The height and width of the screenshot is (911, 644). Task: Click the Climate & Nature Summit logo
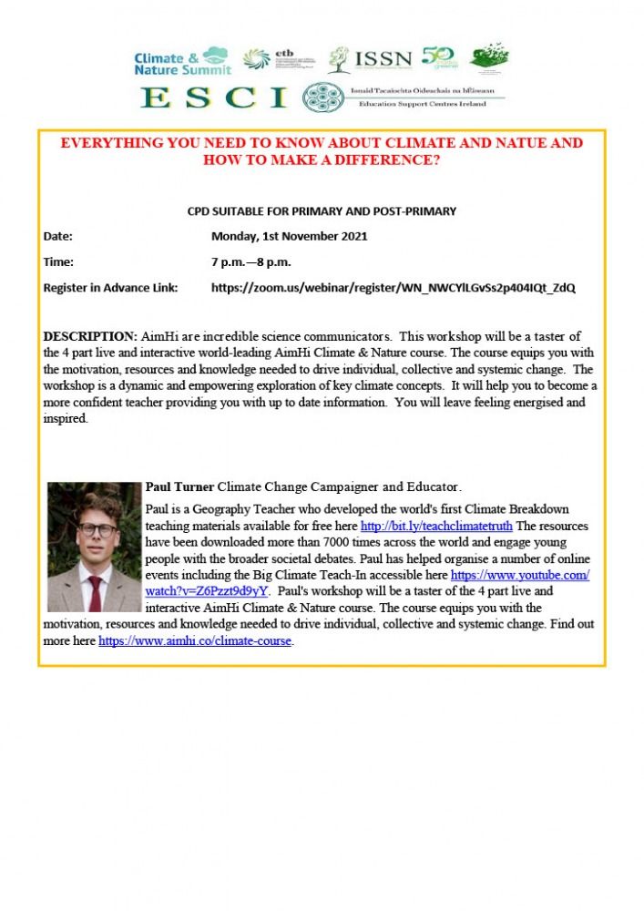[x=181, y=61]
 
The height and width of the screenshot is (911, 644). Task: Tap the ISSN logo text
[x=383, y=60]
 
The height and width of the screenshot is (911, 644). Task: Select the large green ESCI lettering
[x=214, y=97]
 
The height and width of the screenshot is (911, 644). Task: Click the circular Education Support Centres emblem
[x=322, y=97]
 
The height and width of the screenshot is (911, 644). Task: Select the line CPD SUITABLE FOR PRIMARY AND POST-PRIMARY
[x=322, y=211]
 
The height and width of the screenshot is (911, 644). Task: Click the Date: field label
[x=58, y=237]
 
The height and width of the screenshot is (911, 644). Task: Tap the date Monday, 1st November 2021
[x=289, y=237]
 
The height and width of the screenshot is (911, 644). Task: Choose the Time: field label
[x=58, y=261]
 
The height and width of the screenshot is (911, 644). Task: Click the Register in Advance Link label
[x=110, y=288]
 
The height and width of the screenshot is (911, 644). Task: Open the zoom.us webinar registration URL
[x=393, y=288]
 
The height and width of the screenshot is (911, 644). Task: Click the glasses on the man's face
[x=96, y=529]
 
